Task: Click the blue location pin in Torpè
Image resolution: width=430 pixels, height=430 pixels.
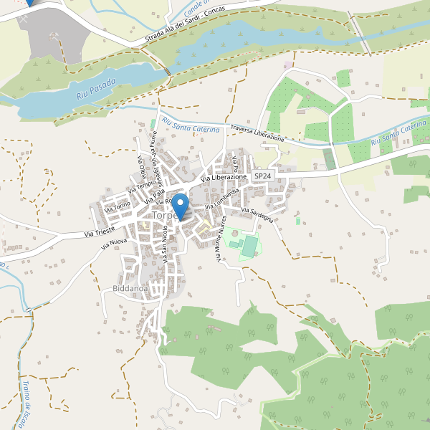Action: [x=181, y=206]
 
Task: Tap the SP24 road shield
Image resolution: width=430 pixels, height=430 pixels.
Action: [x=263, y=176]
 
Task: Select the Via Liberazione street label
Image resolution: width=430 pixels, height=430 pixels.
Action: [x=224, y=177]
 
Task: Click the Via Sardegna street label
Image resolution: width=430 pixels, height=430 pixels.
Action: [x=257, y=215]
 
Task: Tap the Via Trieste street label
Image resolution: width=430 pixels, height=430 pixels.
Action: [x=100, y=233]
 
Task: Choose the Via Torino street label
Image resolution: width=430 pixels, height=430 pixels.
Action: [x=118, y=207]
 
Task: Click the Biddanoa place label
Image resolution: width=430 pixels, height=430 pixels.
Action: [x=130, y=289]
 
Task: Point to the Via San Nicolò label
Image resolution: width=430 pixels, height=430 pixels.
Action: [x=166, y=246]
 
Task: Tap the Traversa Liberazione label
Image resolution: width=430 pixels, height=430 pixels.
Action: [x=257, y=133]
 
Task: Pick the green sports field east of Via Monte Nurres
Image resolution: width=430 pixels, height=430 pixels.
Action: [x=249, y=247]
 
